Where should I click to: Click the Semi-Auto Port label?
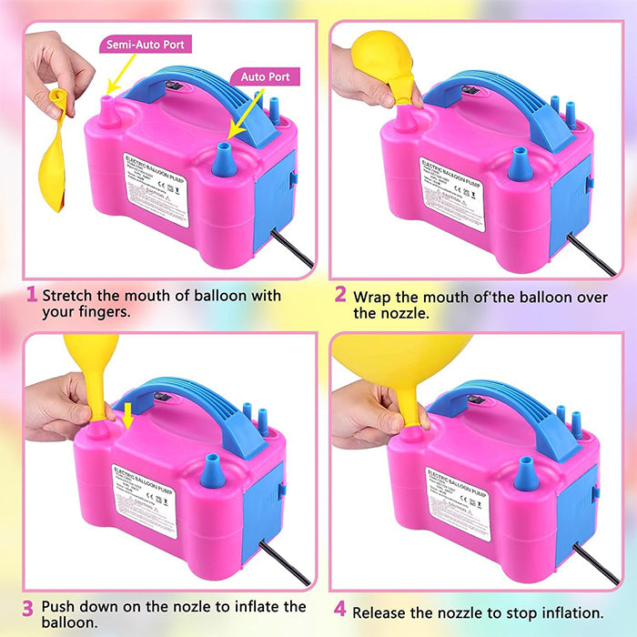[x=149, y=44]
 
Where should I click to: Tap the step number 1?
[x=31, y=295]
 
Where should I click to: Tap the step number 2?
[x=340, y=295]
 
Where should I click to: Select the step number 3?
[x=28, y=607]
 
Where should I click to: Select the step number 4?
[x=340, y=612]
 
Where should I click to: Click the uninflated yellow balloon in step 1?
[x=54, y=155]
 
